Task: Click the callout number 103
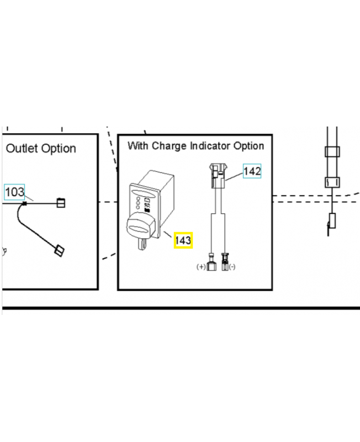click(x=15, y=192)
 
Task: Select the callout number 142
click(x=252, y=171)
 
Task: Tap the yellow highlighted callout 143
click(x=183, y=240)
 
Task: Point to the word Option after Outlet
click(x=60, y=149)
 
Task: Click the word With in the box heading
click(x=138, y=146)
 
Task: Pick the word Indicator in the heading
click(x=211, y=146)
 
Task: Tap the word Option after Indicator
click(x=248, y=146)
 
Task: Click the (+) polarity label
click(x=201, y=267)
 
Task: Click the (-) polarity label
click(x=232, y=267)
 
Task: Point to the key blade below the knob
click(x=141, y=243)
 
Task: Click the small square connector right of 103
click(x=61, y=203)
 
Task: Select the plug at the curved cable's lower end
click(x=59, y=251)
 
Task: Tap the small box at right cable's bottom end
click(x=332, y=221)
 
